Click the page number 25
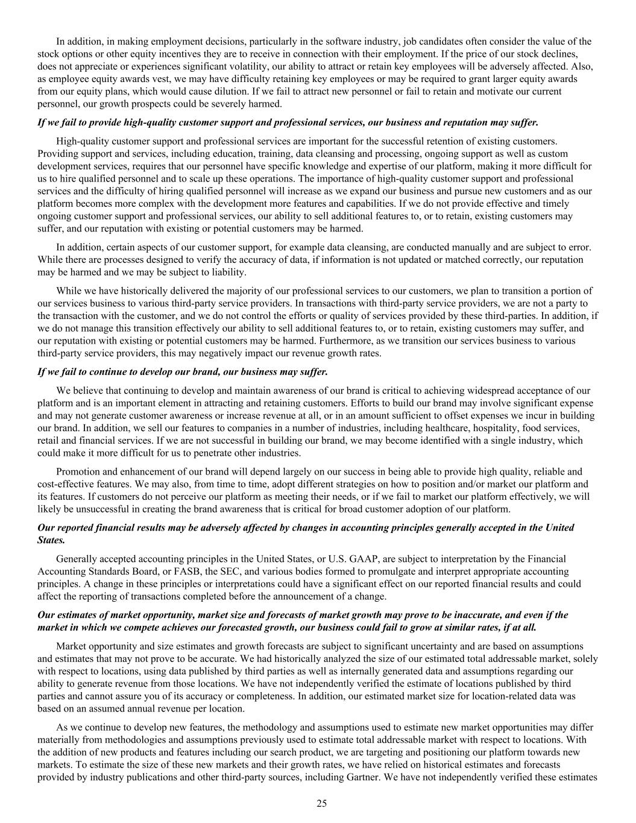(x=321, y=803)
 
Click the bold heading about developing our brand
(x=182, y=371)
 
